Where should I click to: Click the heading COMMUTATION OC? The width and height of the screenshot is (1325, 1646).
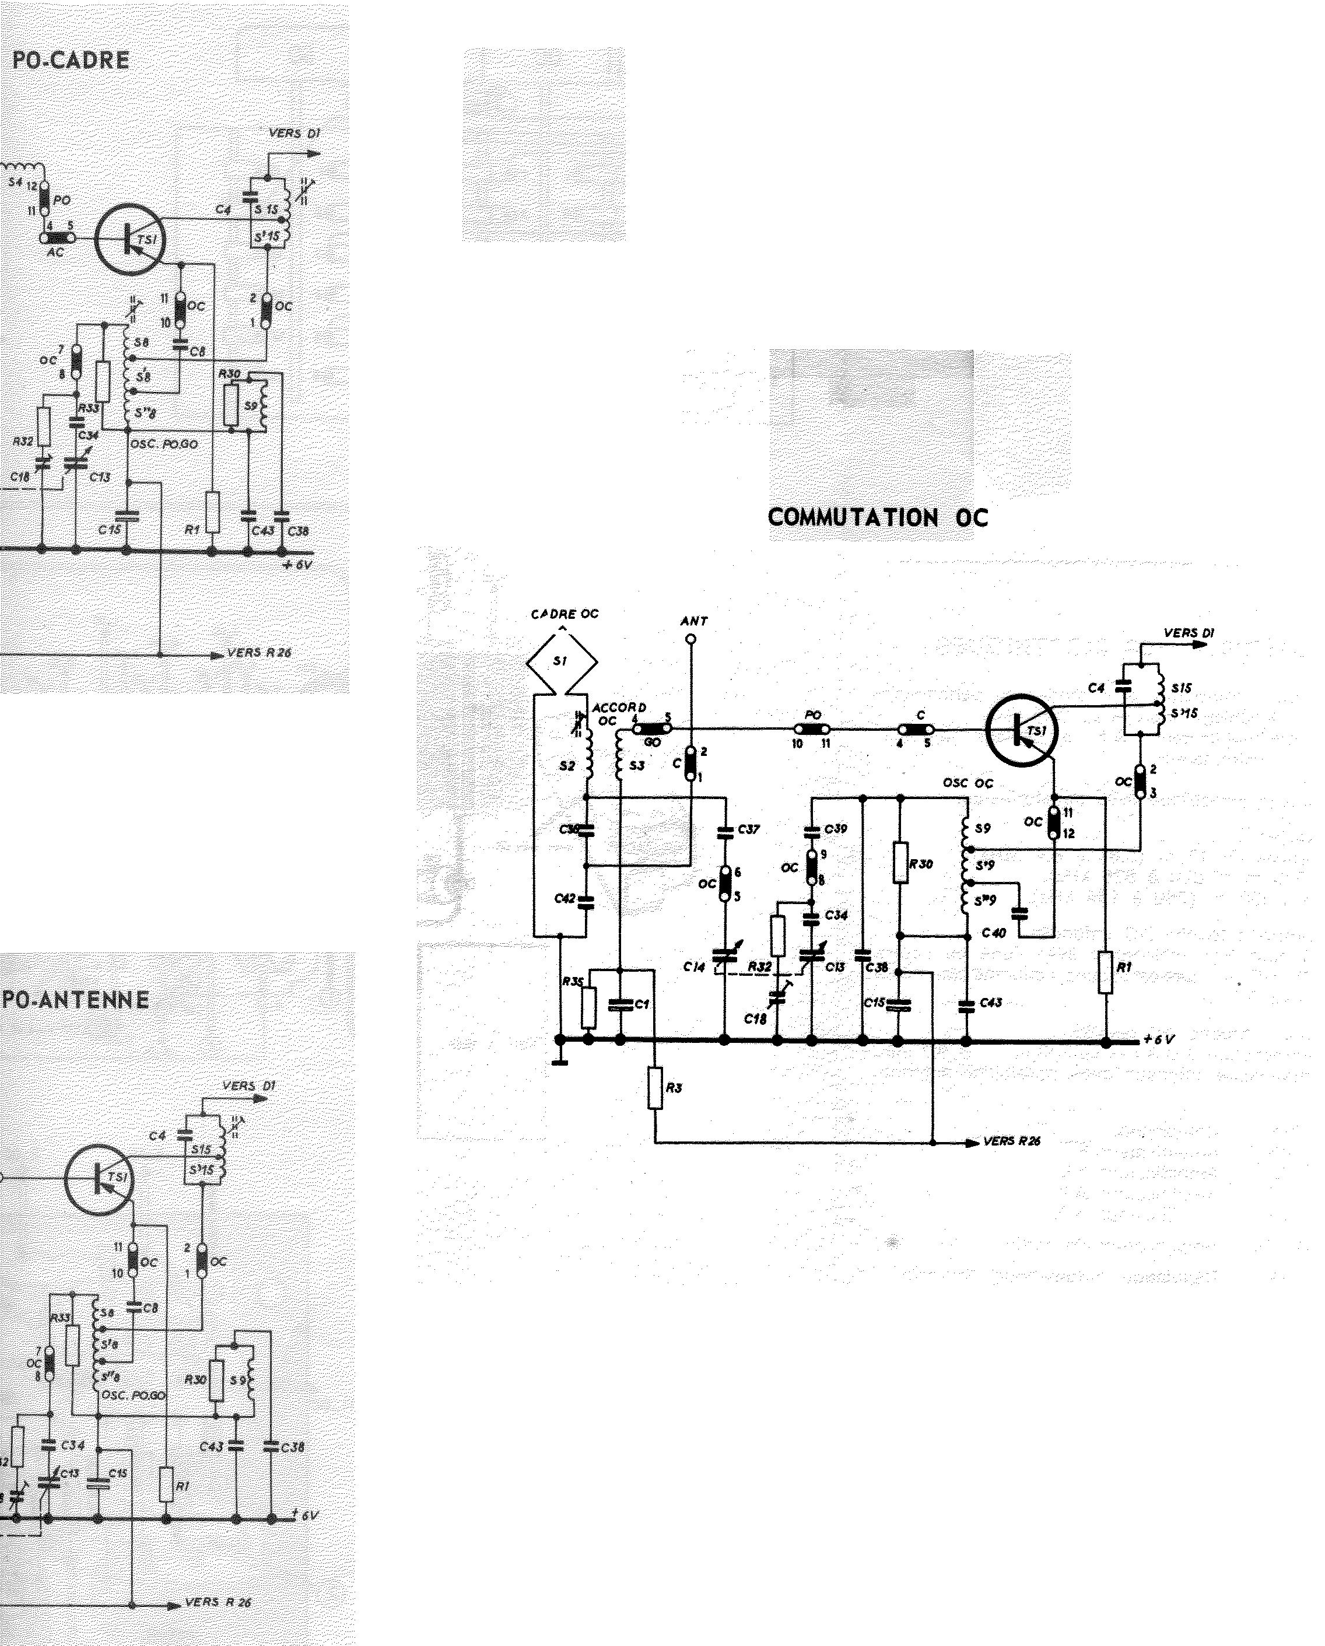878,517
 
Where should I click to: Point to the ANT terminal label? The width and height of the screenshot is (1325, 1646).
694,621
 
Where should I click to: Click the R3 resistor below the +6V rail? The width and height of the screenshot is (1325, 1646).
656,1088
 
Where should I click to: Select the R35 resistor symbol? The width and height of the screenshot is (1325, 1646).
588,1008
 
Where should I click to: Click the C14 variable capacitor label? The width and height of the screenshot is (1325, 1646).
694,967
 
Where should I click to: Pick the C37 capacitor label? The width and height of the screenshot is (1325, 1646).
749,829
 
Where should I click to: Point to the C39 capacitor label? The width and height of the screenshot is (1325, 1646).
836,829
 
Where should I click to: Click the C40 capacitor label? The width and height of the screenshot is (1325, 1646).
994,933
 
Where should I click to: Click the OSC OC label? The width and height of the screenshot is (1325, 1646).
968,783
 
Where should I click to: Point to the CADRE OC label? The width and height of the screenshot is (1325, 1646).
565,614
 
